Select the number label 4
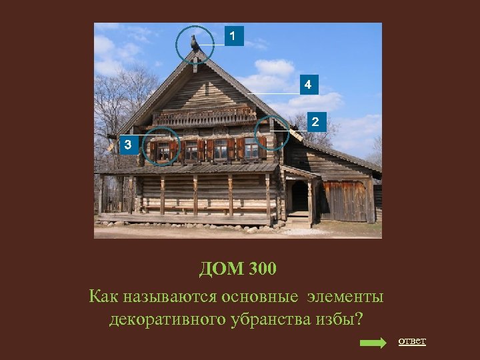(x=308, y=85)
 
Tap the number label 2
(x=316, y=122)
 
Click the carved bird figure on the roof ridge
(x=195, y=43)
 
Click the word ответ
(x=411, y=341)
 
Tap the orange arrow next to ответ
(x=373, y=343)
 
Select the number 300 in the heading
(x=262, y=270)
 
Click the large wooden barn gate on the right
(x=344, y=201)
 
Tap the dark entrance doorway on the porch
(x=299, y=197)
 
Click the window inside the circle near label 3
(x=163, y=151)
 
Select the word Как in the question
(x=104, y=295)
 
